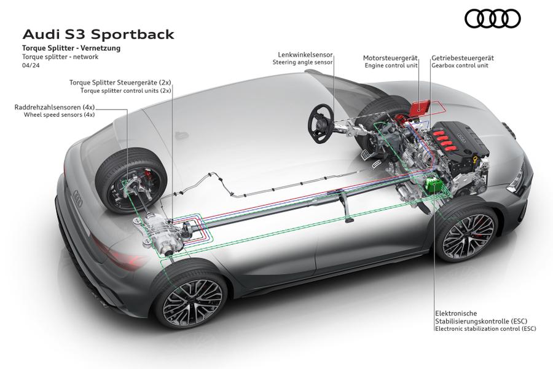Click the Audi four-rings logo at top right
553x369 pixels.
click(x=492, y=18)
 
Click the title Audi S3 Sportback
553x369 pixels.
click(x=98, y=34)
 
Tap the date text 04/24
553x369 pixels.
click(x=31, y=65)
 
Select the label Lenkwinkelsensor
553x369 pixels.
click(x=305, y=55)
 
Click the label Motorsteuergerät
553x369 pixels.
click(x=390, y=58)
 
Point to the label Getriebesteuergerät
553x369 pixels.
click(x=463, y=58)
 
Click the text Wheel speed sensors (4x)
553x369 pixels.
click(x=59, y=114)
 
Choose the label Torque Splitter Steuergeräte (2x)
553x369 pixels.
click(x=120, y=82)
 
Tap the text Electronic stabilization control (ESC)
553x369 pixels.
click(x=485, y=328)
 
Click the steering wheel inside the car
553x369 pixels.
click(x=321, y=123)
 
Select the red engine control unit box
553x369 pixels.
click(x=420, y=106)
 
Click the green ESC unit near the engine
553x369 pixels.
click(x=434, y=185)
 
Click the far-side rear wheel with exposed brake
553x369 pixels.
click(x=131, y=181)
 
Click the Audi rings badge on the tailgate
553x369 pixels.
click(x=77, y=199)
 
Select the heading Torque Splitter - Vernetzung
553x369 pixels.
click(x=71, y=48)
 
